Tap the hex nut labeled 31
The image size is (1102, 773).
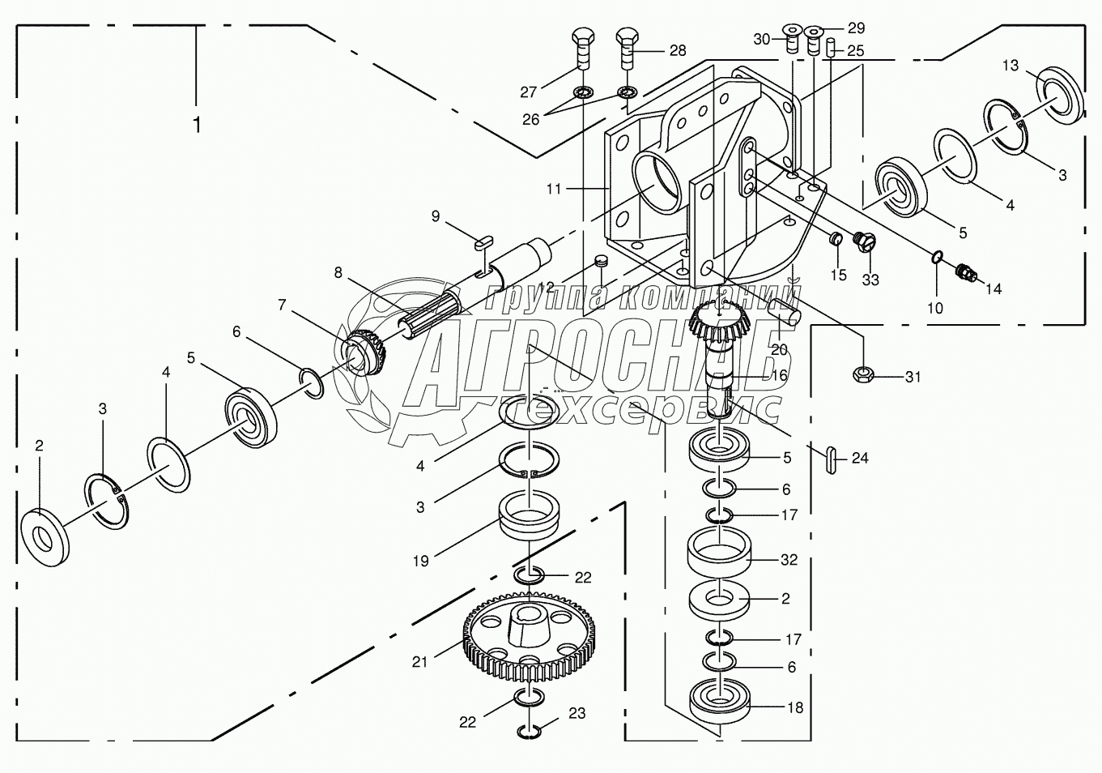pos(863,374)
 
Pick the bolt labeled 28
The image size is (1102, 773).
pos(627,50)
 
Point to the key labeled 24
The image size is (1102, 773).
pos(832,458)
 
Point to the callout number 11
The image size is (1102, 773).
pos(554,189)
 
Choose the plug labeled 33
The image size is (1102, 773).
pos(864,242)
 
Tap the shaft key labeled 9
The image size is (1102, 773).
pos(483,241)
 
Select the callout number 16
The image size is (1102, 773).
pos(779,375)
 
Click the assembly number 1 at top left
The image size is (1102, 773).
pos(196,125)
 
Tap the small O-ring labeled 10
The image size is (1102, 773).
pos(937,258)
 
